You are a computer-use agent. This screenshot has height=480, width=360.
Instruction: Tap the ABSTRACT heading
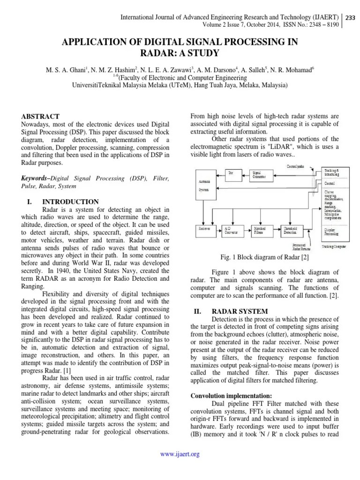tap(41, 116)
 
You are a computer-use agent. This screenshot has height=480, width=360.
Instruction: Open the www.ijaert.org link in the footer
tap(180, 454)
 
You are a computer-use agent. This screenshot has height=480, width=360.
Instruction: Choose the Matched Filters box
tap(260, 230)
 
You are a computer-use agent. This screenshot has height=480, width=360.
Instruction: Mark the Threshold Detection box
tap(289, 230)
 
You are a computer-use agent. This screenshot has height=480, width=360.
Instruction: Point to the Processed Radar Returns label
tap(300, 247)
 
